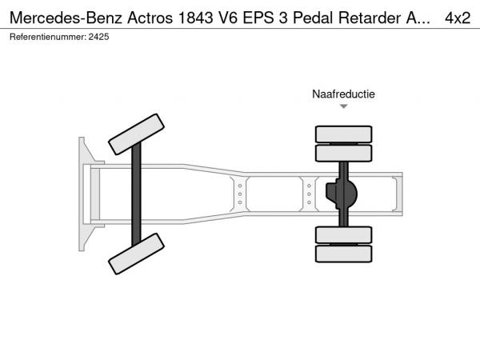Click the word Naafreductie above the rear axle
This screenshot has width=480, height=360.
(x=343, y=94)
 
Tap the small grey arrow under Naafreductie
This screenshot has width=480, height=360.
(x=344, y=106)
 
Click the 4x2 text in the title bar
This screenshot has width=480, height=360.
(x=458, y=18)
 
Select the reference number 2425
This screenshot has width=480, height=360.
(x=98, y=37)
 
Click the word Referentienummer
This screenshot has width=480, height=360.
(x=48, y=37)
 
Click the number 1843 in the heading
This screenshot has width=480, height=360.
(x=195, y=18)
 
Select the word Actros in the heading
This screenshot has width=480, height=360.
(x=150, y=18)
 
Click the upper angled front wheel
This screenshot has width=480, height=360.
(x=136, y=134)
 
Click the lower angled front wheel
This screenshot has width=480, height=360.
(x=136, y=254)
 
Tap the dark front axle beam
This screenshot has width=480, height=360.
(x=136, y=194)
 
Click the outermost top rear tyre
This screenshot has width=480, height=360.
(x=344, y=134)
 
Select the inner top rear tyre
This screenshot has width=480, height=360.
(x=344, y=153)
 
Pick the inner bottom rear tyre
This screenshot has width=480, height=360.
(x=344, y=235)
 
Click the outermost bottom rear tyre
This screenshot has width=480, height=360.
(x=344, y=254)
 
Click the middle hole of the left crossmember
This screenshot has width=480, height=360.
(x=240, y=194)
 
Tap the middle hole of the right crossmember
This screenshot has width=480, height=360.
(x=309, y=194)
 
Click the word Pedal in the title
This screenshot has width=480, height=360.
(x=313, y=18)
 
